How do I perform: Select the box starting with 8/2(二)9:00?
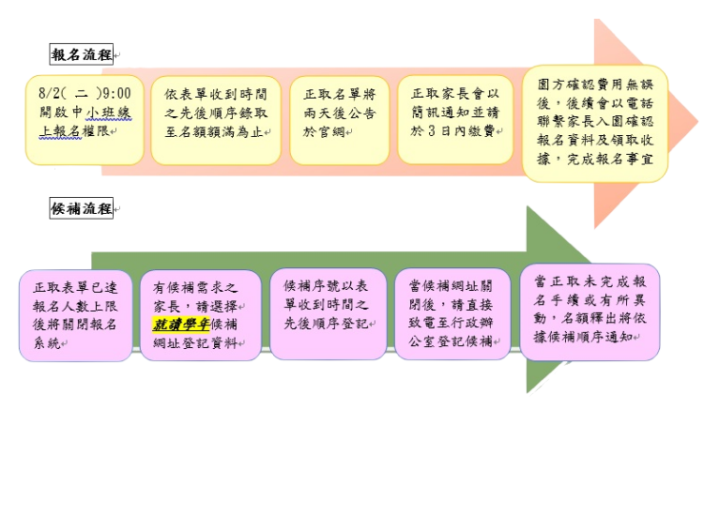(x=84, y=120)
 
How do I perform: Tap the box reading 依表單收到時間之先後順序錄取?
(x=215, y=120)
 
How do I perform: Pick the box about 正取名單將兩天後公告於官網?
(x=340, y=120)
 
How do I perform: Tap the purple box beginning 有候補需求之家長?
(x=200, y=316)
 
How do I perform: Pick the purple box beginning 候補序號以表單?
(x=328, y=313)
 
